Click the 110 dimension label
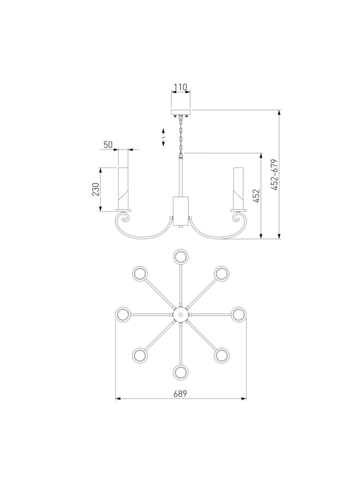point(181,88)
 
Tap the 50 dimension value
point(108,145)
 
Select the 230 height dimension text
point(95,189)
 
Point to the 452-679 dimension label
point(275,175)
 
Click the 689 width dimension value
point(181,394)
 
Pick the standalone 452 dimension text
point(256,196)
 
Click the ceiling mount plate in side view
point(181,112)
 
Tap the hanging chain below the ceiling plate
point(181,134)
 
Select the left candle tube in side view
point(123,188)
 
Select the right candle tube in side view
point(238,188)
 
